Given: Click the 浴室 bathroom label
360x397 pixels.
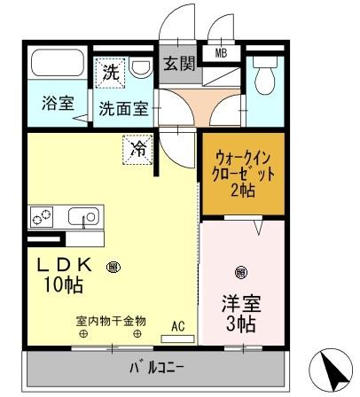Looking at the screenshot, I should (57, 104).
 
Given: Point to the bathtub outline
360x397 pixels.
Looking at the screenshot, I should (58, 64).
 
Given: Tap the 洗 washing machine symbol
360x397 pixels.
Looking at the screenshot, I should (110, 73).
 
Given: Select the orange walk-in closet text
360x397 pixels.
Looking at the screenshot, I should (239, 173).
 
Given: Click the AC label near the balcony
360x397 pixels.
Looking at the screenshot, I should (177, 325).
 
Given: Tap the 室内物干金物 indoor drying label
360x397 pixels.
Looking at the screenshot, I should (110, 320).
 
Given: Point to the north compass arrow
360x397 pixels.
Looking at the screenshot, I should (330, 369).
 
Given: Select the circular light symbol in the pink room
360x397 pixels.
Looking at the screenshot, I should (239, 272).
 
